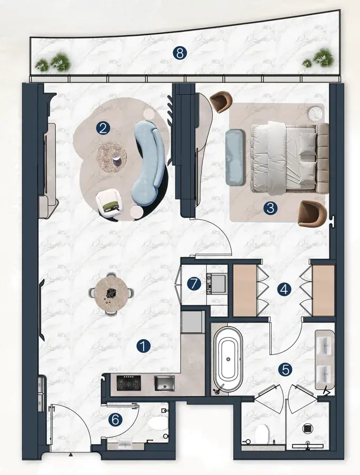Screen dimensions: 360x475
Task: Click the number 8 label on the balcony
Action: [x=180, y=53]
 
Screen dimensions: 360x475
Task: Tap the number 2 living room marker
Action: [x=103, y=128]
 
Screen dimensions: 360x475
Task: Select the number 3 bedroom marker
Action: [x=271, y=209]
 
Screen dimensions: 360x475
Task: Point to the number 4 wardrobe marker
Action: [x=284, y=290]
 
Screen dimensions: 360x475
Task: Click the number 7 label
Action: [x=194, y=284]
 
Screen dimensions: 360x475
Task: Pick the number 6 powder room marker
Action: [x=116, y=420]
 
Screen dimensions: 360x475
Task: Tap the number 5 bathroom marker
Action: [x=286, y=369]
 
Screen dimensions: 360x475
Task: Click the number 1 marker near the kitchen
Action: [x=143, y=346]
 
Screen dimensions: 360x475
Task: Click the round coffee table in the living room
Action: [x=112, y=157]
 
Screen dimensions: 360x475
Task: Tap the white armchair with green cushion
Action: [x=109, y=202]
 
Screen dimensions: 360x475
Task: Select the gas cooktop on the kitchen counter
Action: [x=129, y=383]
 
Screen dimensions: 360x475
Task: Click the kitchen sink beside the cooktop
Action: [x=164, y=383]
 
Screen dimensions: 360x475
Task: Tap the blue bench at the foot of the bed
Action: [x=235, y=157]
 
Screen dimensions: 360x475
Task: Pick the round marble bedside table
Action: [x=315, y=113]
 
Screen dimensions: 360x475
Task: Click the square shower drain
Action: [x=307, y=428]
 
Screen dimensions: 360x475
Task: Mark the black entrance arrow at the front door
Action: [x=71, y=454]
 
